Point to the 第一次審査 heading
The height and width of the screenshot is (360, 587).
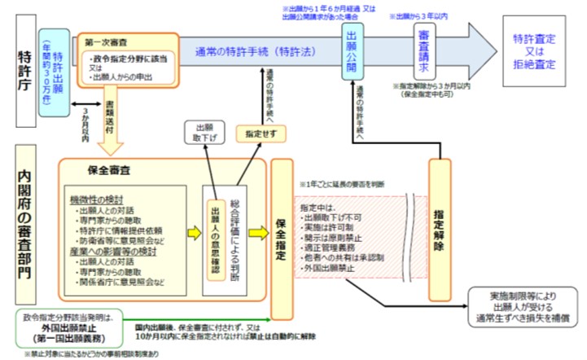coord(105,39)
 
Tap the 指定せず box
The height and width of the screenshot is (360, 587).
coord(255,132)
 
